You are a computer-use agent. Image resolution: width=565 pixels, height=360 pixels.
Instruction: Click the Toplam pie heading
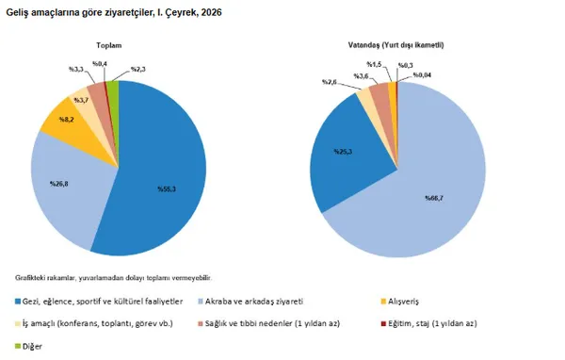pos(109,45)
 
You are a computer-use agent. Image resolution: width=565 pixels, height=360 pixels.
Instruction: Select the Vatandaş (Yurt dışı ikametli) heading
pos(397,45)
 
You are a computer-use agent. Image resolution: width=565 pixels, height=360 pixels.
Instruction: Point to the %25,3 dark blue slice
pos(342,150)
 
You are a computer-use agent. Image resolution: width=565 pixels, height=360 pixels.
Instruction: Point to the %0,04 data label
pos(423,74)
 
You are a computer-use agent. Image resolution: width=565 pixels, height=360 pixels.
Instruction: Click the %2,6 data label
pos(330,82)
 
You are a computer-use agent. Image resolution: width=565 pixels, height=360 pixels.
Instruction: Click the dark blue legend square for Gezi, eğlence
pos(20,302)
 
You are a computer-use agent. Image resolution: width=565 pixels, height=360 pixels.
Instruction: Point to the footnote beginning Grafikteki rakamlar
pos(113,277)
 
